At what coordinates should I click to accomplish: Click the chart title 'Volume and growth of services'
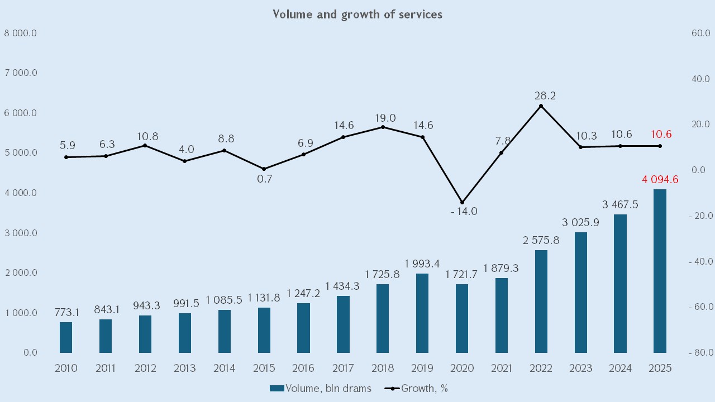357,15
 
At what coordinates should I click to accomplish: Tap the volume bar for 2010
66,337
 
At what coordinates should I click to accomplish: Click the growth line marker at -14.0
462,202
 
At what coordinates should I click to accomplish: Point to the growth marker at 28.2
541,106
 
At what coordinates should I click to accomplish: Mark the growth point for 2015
264,169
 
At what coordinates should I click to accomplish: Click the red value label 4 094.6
660,179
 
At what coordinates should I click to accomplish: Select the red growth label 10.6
661,135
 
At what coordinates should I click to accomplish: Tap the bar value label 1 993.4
422,264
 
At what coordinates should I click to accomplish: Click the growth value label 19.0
383,118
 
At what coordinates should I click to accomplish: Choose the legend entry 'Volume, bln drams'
321,389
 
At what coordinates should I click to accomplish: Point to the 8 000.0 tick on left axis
21,33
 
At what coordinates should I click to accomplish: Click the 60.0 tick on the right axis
700,33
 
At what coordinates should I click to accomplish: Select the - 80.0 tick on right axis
698,353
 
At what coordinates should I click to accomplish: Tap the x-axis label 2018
383,368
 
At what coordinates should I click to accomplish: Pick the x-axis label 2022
541,368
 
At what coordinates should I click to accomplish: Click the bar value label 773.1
66,312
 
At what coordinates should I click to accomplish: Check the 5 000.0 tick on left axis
21,153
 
